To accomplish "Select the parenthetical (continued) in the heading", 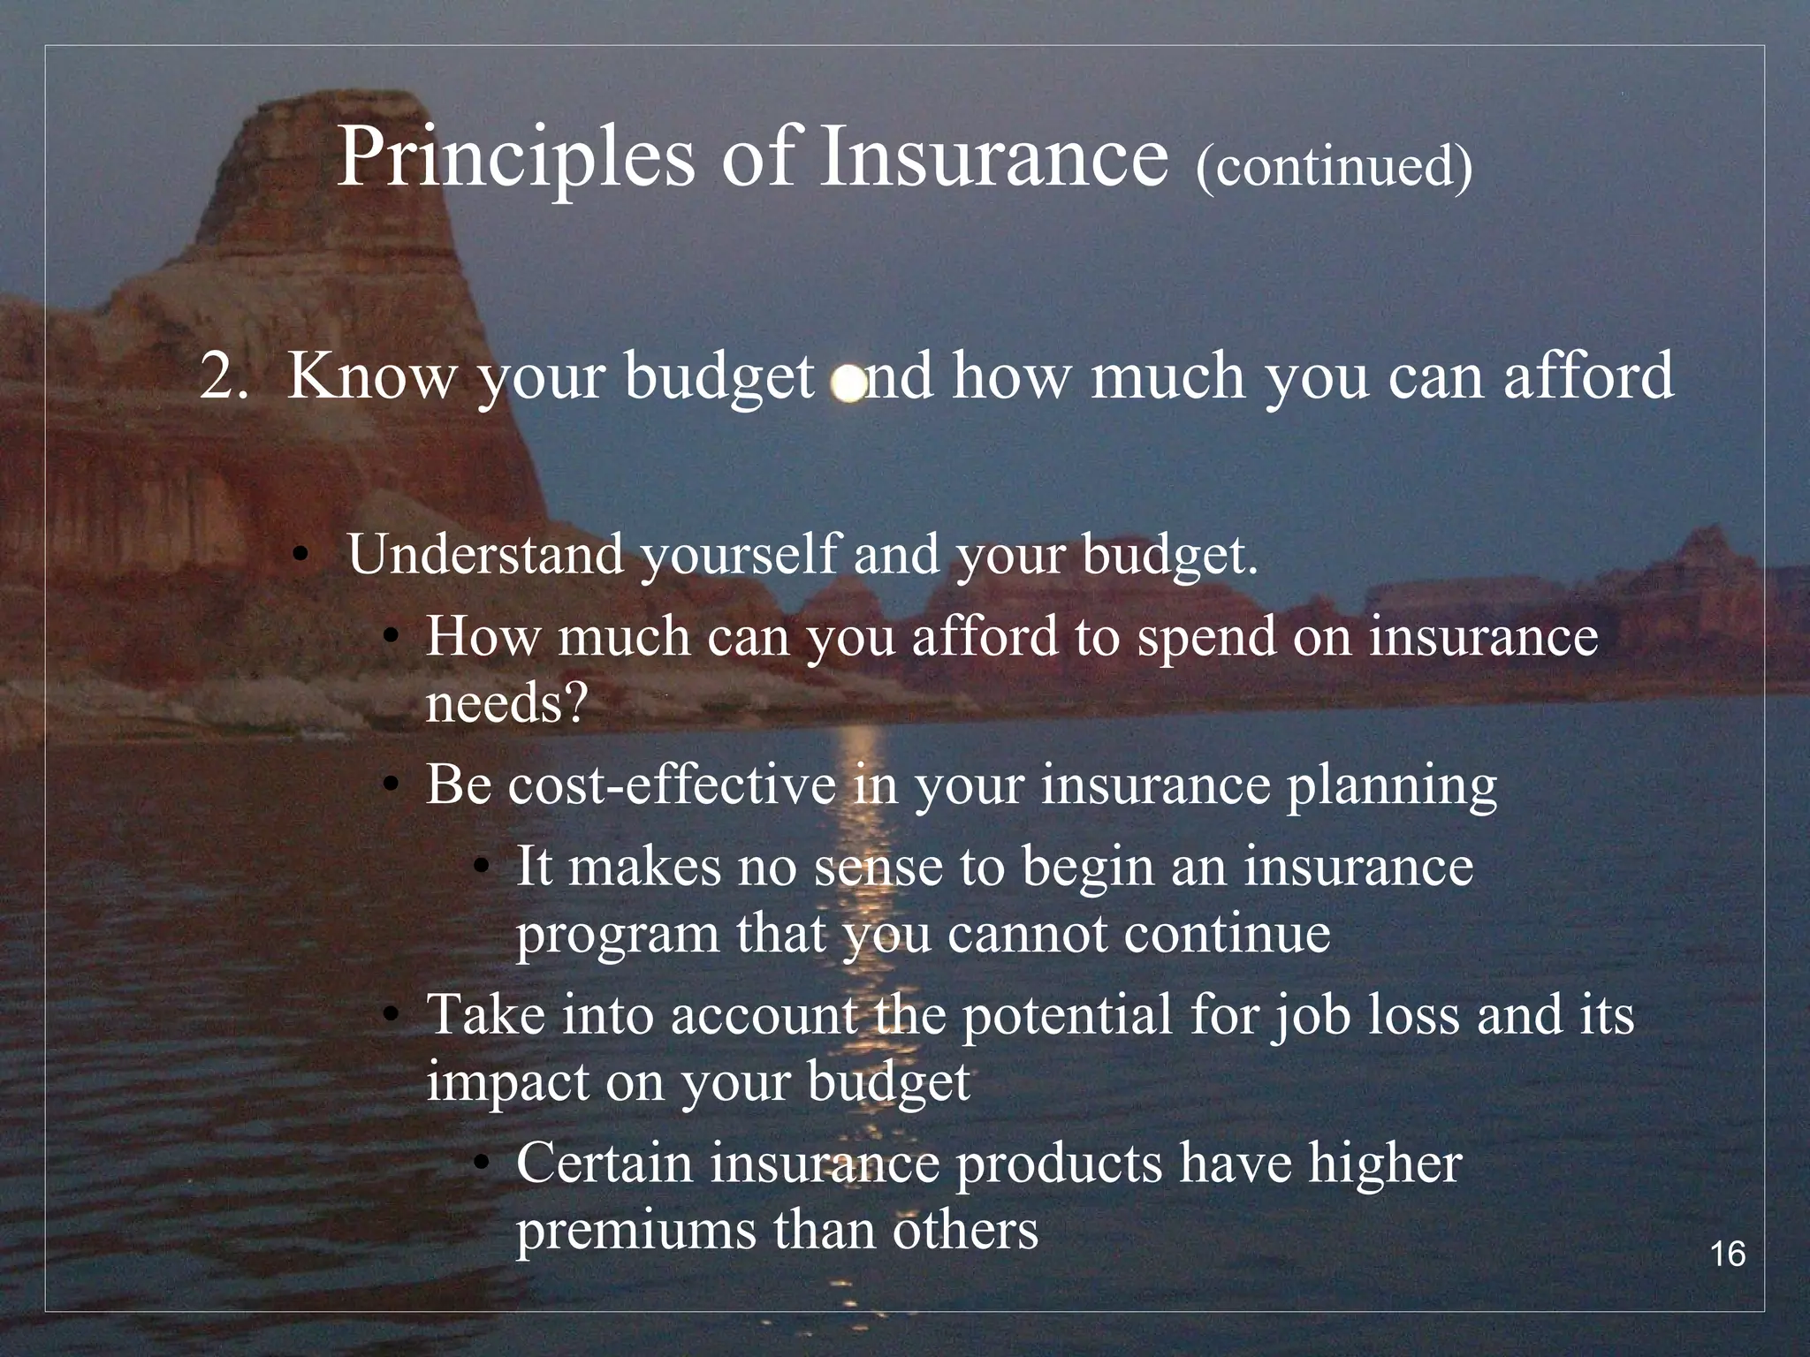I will tap(1334, 166).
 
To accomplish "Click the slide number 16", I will tap(1727, 1255).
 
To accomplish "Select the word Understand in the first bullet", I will tap(485, 555).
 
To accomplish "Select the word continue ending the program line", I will tap(1227, 934).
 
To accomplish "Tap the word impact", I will tap(506, 1081).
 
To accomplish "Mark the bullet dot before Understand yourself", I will tap(301, 557).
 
